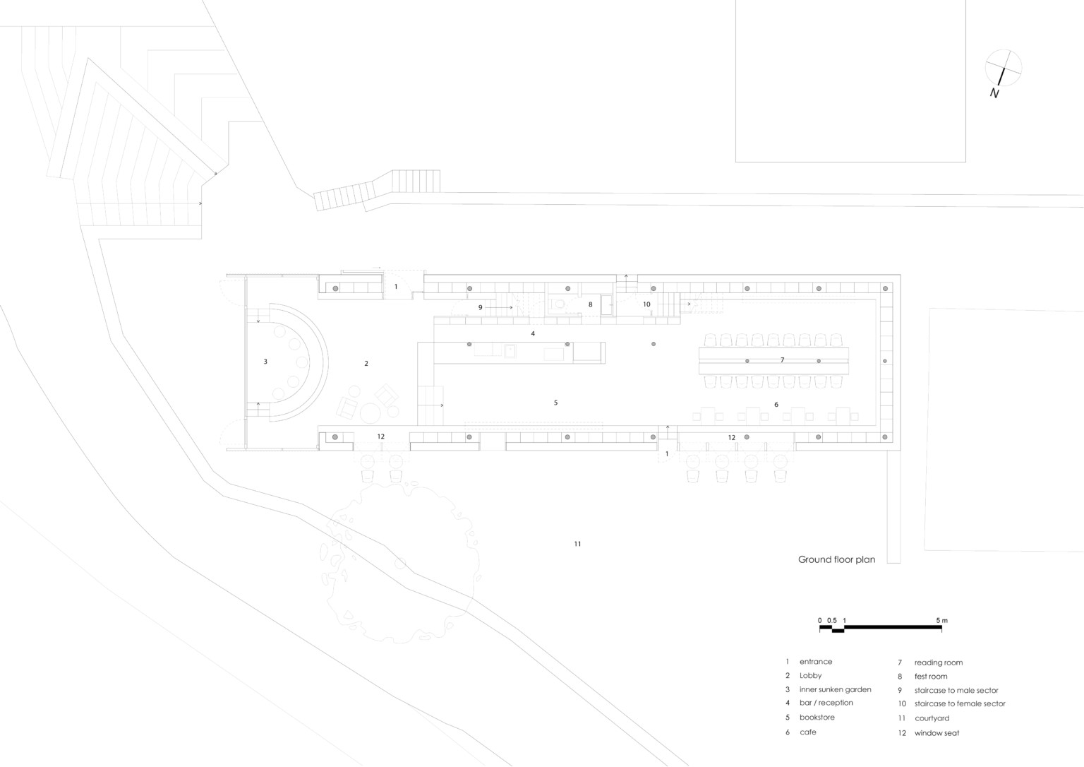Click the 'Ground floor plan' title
pyautogui.click(x=837, y=560)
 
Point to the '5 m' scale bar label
pyautogui.click(x=941, y=620)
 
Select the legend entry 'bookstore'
pyautogui.click(x=817, y=717)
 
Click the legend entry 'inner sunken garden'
pyautogui.click(x=836, y=689)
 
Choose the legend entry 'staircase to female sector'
pyautogui.click(x=960, y=703)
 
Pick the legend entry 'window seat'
pyautogui.click(x=937, y=733)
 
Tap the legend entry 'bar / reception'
pyautogui.click(x=826, y=703)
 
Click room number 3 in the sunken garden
pyautogui.click(x=265, y=361)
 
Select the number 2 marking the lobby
pyautogui.click(x=366, y=363)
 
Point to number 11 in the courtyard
pyautogui.click(x=577, y=544)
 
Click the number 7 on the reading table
pyautogui.click(x=782, y=359)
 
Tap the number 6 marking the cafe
pyautogui.click(x=776, y=404)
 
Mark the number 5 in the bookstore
pyautogui.click(x=555, y=403)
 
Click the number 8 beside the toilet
pyautogui.click(x=591, y=304)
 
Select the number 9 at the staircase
pyautogui.click(x=480, y=307)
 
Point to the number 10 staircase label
pyautogui.click(x=646, y=304)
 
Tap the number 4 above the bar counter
pyautogui.click(x=533, y=333)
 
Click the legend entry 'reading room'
pyautogui.click(x=939, y=663)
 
